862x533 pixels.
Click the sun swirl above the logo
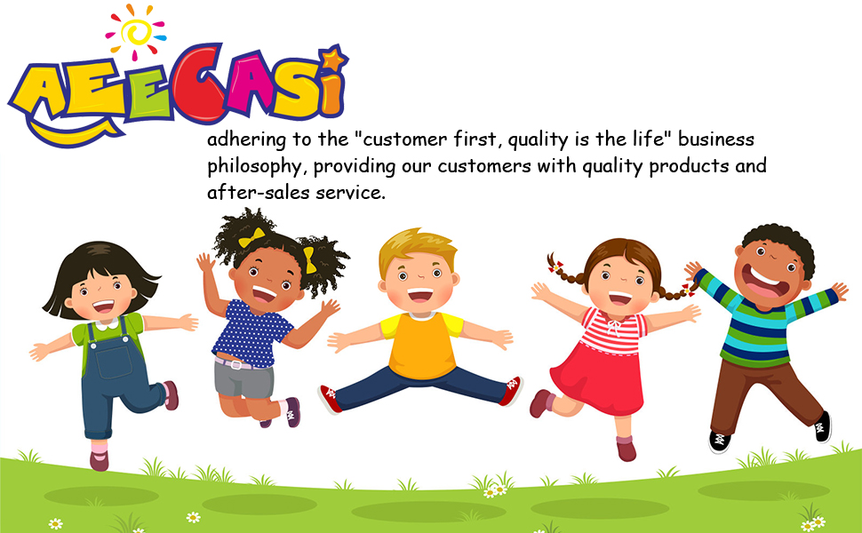(135, 32)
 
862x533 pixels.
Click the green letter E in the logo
(149, 91)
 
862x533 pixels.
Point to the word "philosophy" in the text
(253, 166)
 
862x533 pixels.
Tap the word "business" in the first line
(715, 139)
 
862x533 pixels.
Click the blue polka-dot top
(251, 333)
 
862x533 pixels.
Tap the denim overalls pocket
(113, 360)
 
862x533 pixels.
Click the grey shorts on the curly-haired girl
(243, 379)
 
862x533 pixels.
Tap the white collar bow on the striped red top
(612, 325)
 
